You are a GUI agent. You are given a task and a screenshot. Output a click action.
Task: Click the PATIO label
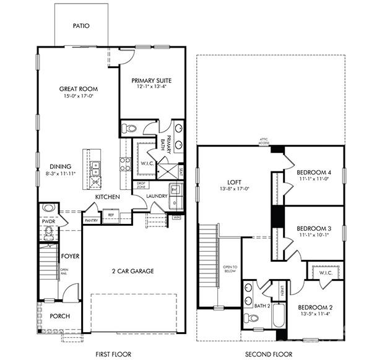pyautogui.click(x=81, y=26)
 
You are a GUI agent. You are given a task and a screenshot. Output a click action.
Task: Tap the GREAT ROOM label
pyautogui.click(x=78, y=89)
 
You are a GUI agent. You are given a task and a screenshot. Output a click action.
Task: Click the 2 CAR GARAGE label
pyautogui.click(x=132, y=271)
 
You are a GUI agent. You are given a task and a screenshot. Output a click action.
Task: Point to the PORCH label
pyautogui.click(x=59, y=316)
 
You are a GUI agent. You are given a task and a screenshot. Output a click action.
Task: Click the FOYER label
pyautogui.click(x=69, y=256)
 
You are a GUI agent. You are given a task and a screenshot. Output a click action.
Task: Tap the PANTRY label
pyautogui.click(x=92, y=220)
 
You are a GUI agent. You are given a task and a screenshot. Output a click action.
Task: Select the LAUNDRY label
pyautogui.click(x=157, y=197)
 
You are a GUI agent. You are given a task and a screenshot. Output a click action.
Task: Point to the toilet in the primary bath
pyautogui.click(x=129, y=129)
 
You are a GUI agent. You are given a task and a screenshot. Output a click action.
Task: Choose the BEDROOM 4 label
pyautogui.click(x=313, y=172)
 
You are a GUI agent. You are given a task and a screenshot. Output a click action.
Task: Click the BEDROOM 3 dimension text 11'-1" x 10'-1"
pyautogui.click(x=313, y=234)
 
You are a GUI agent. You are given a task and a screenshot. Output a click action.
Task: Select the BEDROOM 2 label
pyautogui.click(x=315, y=307)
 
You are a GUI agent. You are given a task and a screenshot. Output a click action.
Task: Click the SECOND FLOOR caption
pyautogui.click(x=269, y=354)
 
